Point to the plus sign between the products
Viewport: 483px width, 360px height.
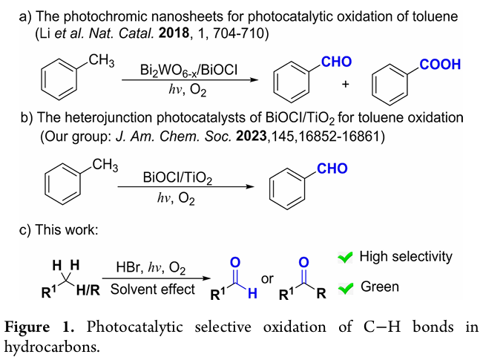tap(345, 85)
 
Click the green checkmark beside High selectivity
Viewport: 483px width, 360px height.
tap(344, 258)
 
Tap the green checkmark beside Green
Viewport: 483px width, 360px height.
tap(344, 287)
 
